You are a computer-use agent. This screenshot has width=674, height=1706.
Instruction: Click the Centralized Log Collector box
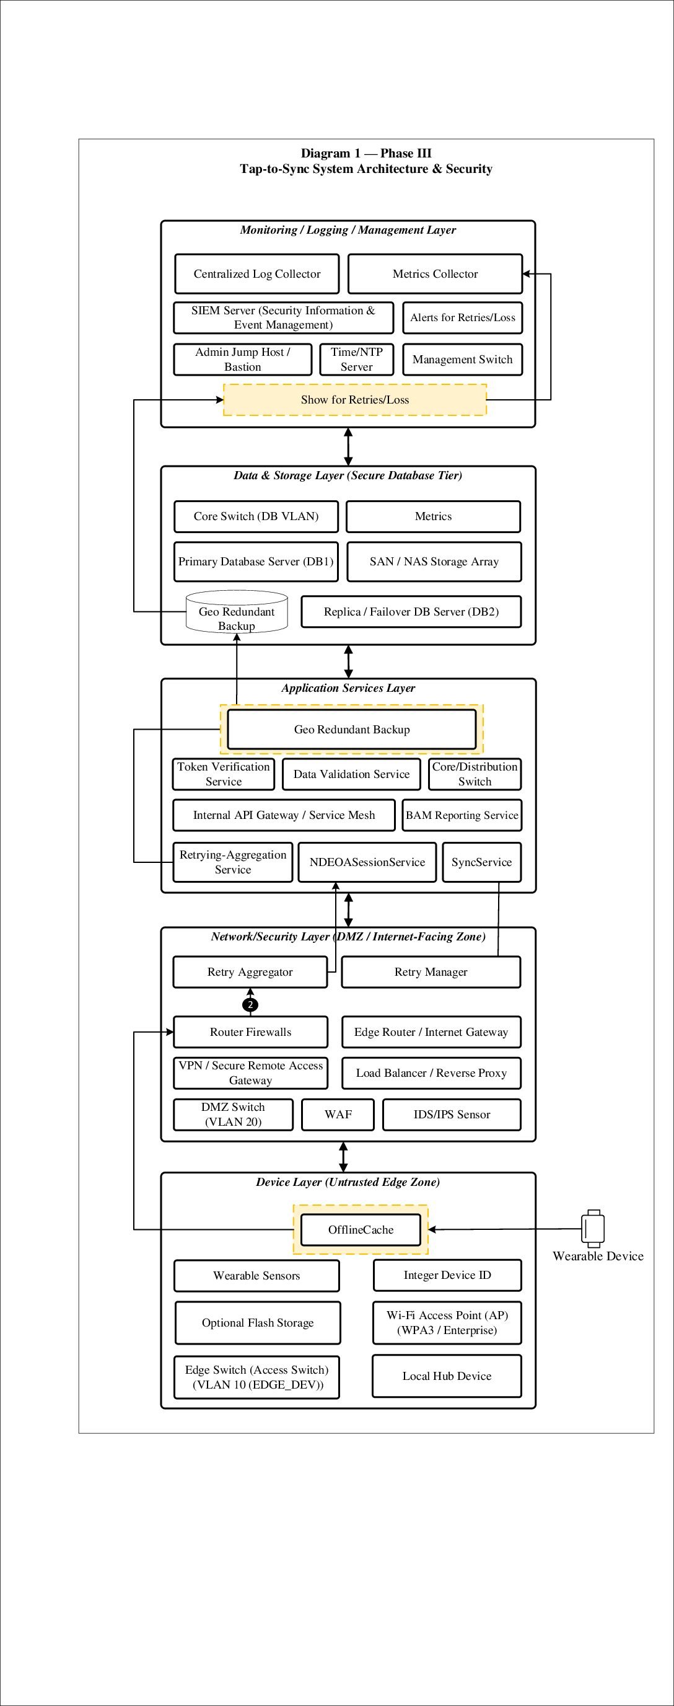point(257,274)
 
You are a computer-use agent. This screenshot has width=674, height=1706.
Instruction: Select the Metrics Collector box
point(435,274)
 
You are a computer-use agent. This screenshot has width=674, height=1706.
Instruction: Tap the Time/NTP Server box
point(356,360)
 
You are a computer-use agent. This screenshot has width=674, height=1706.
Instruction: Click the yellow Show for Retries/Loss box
point(355,400)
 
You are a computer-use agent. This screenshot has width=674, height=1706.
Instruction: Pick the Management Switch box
point(462,360)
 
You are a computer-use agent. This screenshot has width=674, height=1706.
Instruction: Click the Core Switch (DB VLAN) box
point(256,516)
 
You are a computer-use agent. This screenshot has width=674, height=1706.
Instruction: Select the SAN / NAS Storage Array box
point(434,562)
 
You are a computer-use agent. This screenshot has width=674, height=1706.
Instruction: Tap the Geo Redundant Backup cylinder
point(237,611)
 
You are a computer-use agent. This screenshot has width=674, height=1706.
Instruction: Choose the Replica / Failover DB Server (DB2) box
point(411,612)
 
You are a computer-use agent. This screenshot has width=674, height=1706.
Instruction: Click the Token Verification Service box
point(224,774)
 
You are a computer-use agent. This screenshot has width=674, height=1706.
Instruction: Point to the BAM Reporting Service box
point(462,815)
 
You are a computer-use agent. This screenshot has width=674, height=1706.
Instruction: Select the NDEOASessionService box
point(367,862)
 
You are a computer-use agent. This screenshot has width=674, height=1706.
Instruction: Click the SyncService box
point(482,862)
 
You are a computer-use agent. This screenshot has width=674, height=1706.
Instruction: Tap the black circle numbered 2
point(250,1005)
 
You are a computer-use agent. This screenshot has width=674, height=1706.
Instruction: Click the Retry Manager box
point(431,972)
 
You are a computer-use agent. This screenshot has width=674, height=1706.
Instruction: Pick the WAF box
point(338,1115)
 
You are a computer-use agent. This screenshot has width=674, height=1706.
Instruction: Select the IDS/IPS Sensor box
point(452,1115)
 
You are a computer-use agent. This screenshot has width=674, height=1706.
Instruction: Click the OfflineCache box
point(361,1230)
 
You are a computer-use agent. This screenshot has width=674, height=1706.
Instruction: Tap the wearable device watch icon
point(593,1229)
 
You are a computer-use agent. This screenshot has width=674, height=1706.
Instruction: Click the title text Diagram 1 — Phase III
point(366,154)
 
